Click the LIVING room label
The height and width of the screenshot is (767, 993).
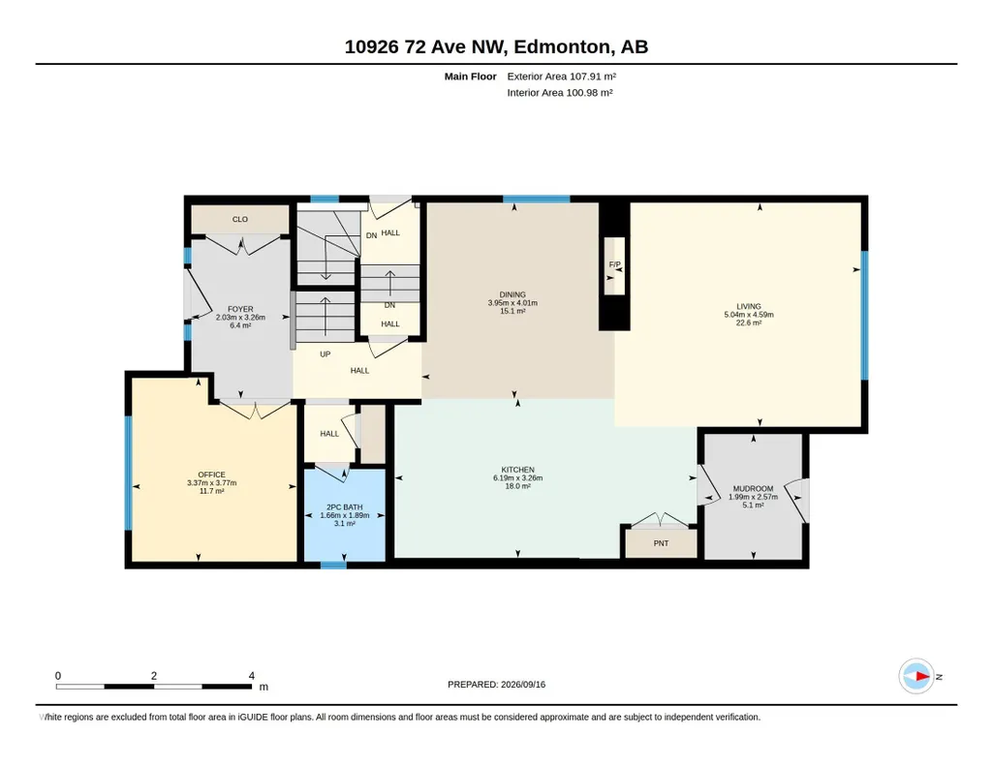coord(749,306)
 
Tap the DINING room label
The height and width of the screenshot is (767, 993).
coord(512,294)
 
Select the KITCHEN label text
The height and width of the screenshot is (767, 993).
coord(518,470)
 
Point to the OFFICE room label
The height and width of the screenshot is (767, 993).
coord(211,475)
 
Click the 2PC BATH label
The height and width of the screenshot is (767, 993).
coord(345,506)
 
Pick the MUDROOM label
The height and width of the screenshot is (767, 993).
coord(753,488)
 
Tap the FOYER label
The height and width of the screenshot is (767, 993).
coord(240,310)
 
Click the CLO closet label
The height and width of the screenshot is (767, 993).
coord(240,219)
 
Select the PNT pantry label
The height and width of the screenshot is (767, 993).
coord(661,543)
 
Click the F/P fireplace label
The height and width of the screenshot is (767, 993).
coord(615,264)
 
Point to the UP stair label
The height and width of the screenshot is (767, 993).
coord(325,354)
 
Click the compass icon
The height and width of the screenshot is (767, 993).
coord(916,677)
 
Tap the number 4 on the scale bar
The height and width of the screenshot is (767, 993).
coord(252,676)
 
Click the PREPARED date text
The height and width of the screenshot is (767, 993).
coord(496,684)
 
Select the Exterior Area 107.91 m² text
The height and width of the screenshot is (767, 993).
coord(562,77)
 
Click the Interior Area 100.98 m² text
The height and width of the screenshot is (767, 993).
coord(560,92)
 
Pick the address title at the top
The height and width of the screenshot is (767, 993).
coord(496,46)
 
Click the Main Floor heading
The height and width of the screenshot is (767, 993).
coord(471,77)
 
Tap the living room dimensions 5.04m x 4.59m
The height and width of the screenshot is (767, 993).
coord(749,315)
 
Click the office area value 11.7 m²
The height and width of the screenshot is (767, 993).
coord(211,491)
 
